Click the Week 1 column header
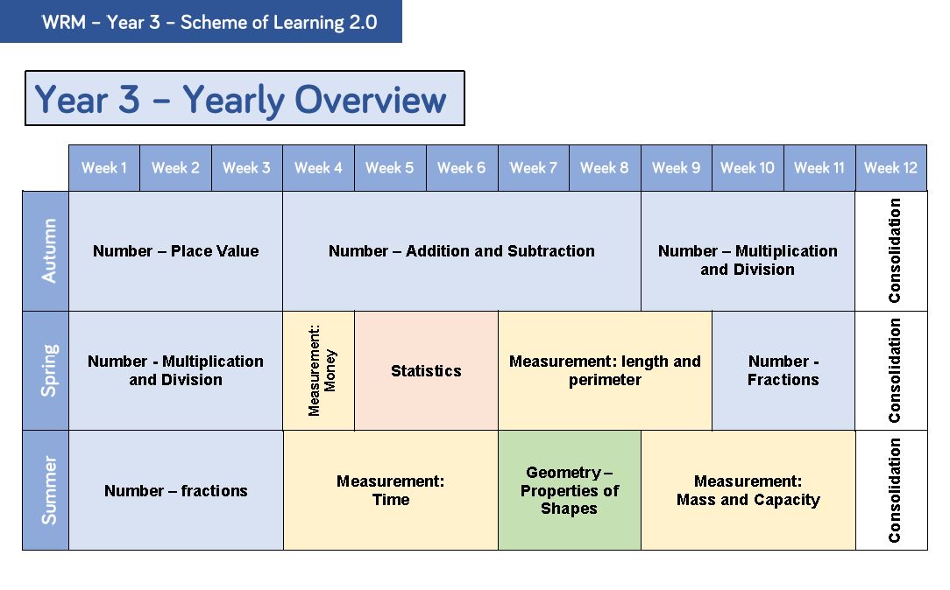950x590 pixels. coord(104,167)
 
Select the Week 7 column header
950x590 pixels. coord(533,167)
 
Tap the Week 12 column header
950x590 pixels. coord(890,167)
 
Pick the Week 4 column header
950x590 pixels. coord(319,167)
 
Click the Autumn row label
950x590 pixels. coord(46,250)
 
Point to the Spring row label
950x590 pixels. coord(46,370)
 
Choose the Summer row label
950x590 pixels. coord(46,490)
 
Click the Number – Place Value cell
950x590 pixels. coord(175,251)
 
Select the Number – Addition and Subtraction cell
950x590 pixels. coord(462,251)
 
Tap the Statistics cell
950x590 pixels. coord(426,370)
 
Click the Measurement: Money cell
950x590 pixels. coord(319,370)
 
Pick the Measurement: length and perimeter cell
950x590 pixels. coord(605,370)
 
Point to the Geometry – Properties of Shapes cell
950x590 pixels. coord(570,490)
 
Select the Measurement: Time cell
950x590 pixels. coord(391,490)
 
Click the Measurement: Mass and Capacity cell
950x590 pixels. coord(748,490)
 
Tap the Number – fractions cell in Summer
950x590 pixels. coord(175,490)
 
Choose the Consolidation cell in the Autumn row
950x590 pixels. coord(891,251)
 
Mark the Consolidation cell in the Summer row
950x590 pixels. coord(891,490)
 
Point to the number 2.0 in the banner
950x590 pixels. coord(363,23)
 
